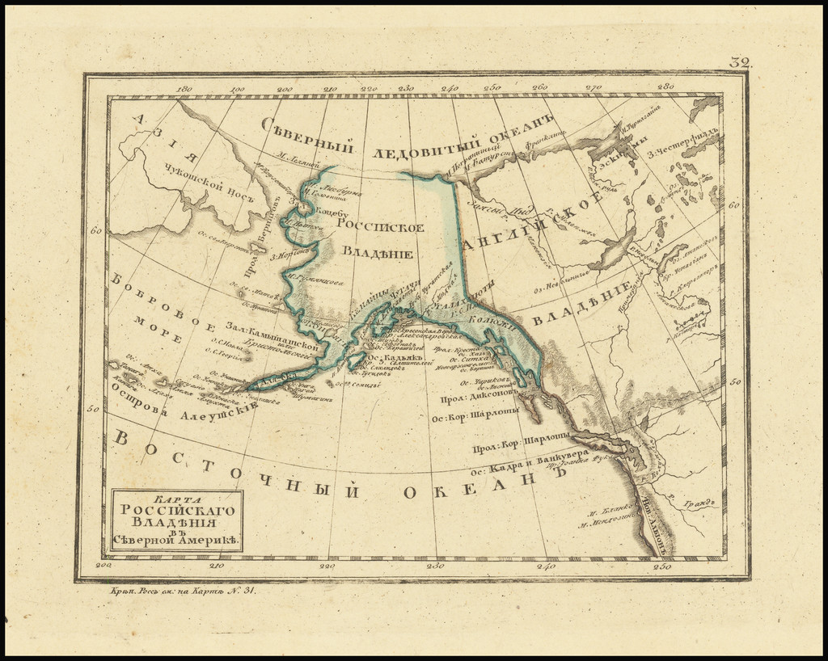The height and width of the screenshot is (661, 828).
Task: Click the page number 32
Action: [740, 62]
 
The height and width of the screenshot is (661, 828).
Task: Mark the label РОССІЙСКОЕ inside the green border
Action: [380, 227]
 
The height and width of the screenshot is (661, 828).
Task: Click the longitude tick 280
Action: [665, 86]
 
